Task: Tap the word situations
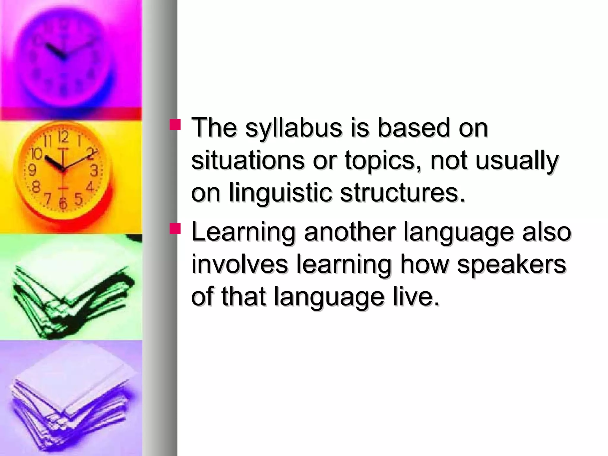click(x=248, y=161)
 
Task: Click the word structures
click(x=402, y=193)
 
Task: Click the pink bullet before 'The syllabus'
click(x=175, y=125)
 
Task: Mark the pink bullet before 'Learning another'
click(x=175, y=229)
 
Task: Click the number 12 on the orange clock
click(x=63, y=137)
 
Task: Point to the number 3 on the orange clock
click(x=94, y=171)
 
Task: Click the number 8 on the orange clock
click(x=36, y=187)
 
